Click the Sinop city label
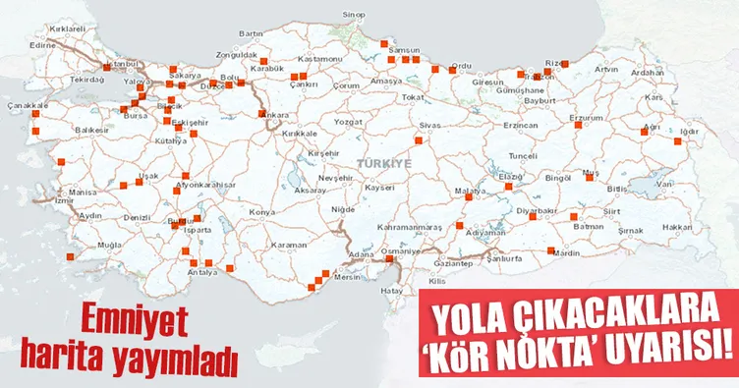tap(355, 16)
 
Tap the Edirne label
tap(43, 45)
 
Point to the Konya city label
tap(261, 212)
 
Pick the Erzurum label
tap(586, 117)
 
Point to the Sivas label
tap(429, 127)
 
